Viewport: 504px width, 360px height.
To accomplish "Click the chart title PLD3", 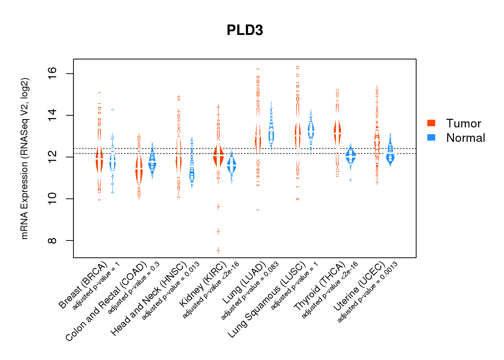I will tap(245, 30).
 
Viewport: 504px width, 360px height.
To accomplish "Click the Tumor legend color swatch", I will tap(431, 123).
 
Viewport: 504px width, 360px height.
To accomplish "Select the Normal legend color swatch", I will tap(431, 138).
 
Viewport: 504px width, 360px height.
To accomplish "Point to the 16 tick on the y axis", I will tap(53, 74).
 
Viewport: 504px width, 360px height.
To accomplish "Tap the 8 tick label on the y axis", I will tap(53, 240).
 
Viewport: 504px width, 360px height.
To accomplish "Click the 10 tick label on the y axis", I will tap(53, 199).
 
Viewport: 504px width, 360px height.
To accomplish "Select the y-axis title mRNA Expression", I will tap(24, 158).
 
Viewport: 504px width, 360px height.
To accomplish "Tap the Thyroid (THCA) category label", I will tap(320, 287).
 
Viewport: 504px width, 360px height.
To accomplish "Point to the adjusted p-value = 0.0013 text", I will tap(368, 292).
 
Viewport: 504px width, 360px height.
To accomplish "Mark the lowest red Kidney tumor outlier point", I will tap(218, 250).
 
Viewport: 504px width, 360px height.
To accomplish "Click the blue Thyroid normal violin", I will tap(350, 156).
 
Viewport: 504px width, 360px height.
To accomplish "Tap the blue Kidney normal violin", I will tap(231, 166).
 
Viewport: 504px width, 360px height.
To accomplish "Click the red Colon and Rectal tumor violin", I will tap(139, 169).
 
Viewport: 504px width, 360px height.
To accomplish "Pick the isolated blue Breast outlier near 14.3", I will tap(113, 109).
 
